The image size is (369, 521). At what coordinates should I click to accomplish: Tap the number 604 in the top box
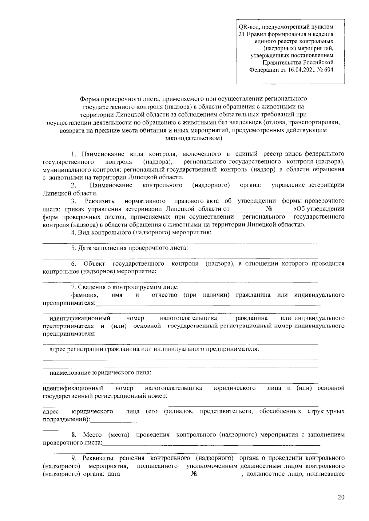pos(329,69)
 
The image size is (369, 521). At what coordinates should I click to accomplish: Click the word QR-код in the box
pos(248,27)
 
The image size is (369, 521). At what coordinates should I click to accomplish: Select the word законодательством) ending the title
pos(193,138)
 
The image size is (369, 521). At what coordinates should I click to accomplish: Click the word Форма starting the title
pos(89,99)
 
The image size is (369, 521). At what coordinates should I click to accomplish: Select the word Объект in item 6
pos(94,264)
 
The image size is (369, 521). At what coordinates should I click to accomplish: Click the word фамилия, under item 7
pos(85,295)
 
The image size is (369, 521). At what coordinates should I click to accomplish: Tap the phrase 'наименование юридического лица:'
pos(101,373)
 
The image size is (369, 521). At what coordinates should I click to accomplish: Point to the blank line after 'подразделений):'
pos(206,420)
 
